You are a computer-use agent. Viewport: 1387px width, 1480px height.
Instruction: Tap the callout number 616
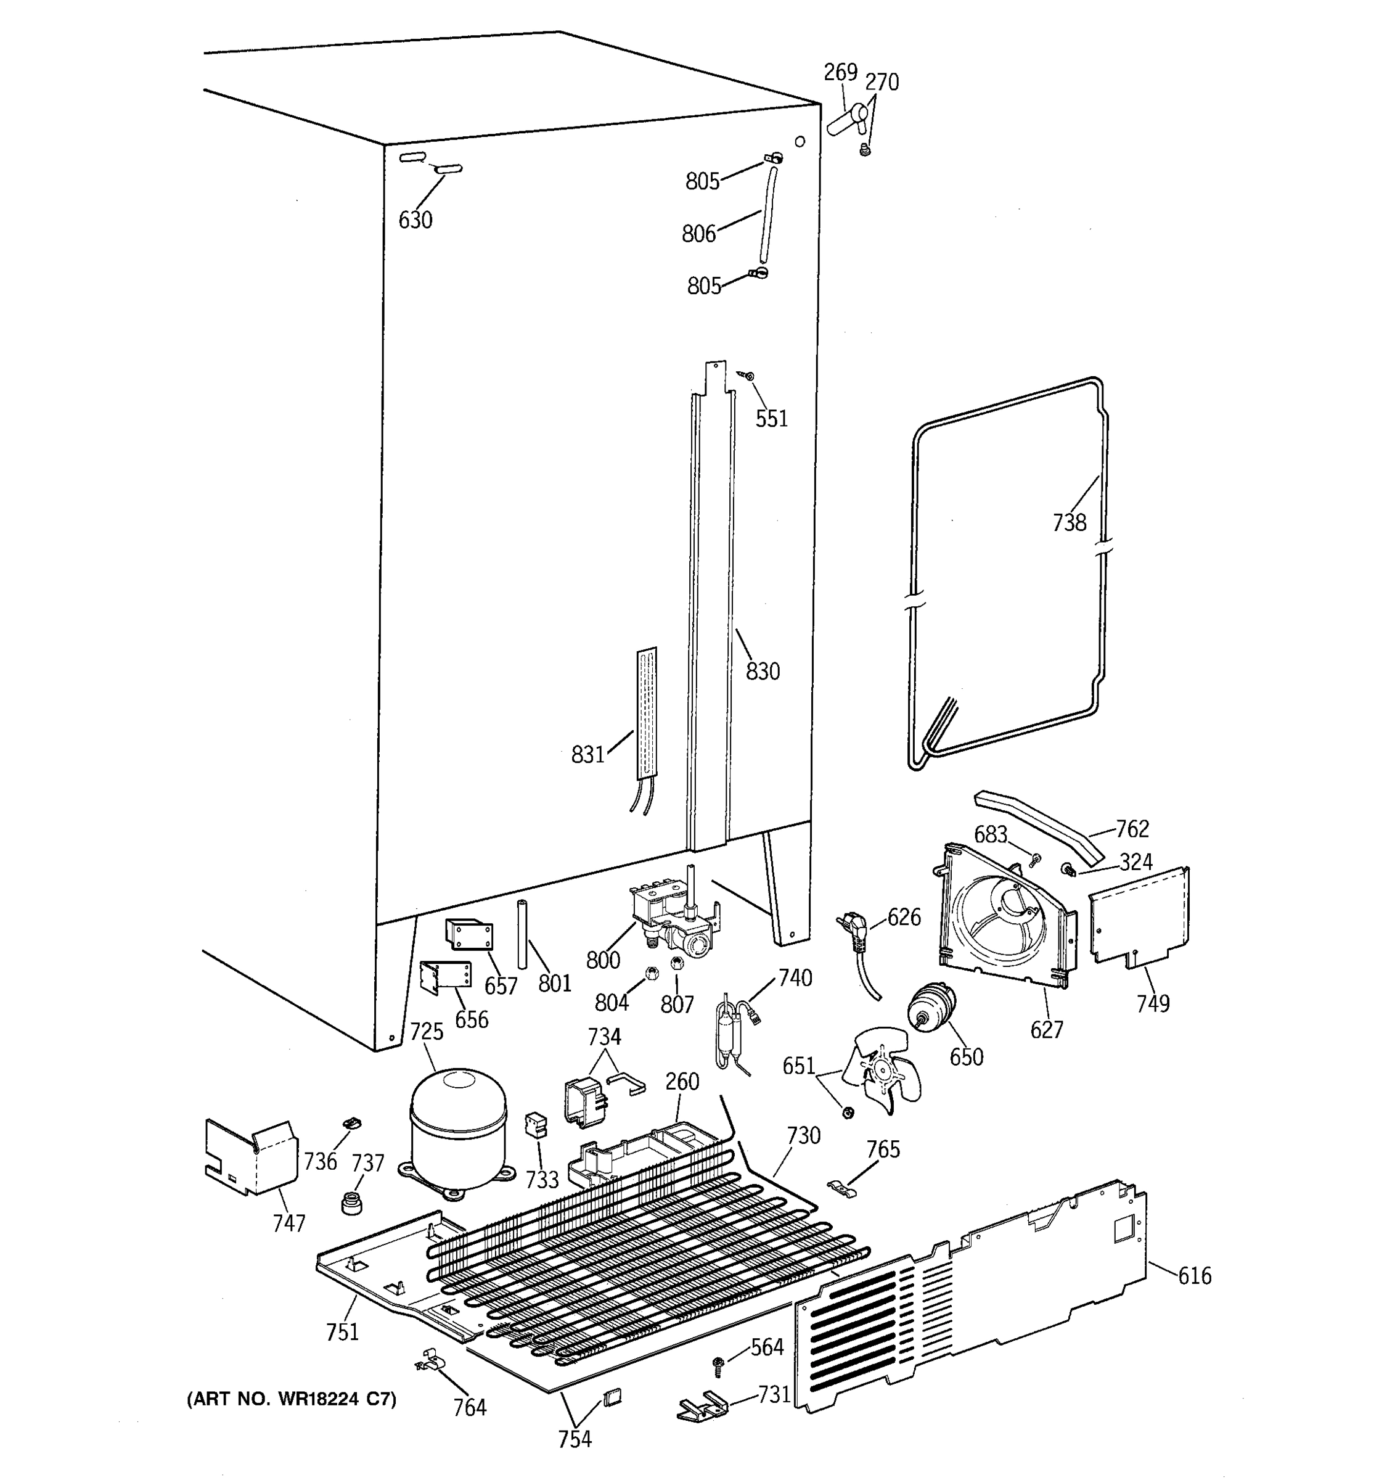click(x=1194, y=1276)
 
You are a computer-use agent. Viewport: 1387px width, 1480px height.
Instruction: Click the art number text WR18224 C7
click(x=291, y=1399)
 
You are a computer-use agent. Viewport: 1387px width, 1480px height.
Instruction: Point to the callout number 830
click(x=763, y=671)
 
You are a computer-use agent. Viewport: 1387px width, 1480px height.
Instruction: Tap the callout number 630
click(x=415, y=220)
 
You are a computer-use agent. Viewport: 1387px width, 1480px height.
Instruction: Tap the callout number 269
click(x=840, y=72)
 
